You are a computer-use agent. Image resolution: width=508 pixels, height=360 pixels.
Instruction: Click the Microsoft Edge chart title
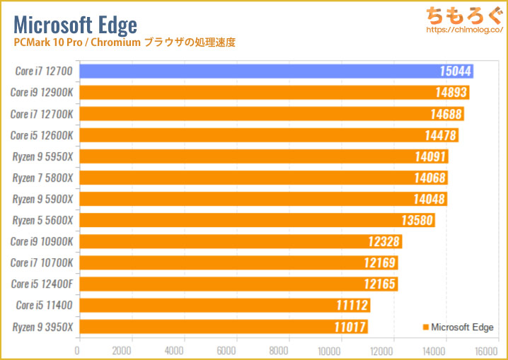pyautogui.click(x=75, y=25)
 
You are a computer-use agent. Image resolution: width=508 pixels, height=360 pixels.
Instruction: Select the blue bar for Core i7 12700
pyautogui.click(x=276, y=71)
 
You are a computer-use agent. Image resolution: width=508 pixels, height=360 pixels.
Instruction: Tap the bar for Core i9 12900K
pyautogui.click(x=274, y=93)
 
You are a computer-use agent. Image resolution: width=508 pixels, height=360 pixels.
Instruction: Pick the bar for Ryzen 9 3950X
pyautogui.click(x=223, y=327)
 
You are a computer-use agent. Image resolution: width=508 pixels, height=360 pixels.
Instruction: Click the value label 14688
pyautogui.click(x=446, y=114)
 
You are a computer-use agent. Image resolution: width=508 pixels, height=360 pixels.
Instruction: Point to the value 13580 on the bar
pyautogui.click(x=417, y=220)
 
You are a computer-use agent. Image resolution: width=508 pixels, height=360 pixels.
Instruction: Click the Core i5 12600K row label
pyautogui.click(x=41, y=135)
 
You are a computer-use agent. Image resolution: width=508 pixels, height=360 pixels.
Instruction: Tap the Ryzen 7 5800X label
pyautogui.click(x=41, y=178)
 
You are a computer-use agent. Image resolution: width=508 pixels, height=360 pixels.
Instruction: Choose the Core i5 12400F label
pyautogui.click(x=41, y=284)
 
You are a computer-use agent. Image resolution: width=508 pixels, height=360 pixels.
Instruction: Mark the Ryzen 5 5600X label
pyautogui.click(x=41, y=220)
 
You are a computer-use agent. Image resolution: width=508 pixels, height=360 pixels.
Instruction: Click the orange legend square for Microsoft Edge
pyautogui.click(x=425, y=327)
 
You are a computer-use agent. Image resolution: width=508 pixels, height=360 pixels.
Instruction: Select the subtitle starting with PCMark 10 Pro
pyautogui.click(x=124, y=43)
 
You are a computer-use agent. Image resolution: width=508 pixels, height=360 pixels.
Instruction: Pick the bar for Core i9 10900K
pyautogui.click(x=241, y=241)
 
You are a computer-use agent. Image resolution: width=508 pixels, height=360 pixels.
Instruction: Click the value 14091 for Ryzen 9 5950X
pyautogui.click(x=430, y=156)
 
